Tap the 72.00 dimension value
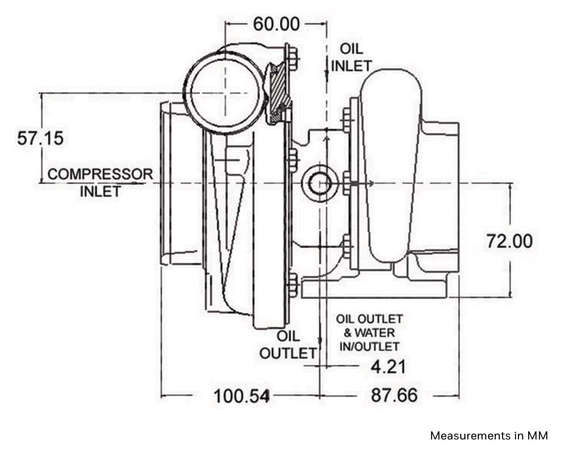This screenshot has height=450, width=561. coord(509,240)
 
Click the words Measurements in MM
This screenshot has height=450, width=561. coord(489,436)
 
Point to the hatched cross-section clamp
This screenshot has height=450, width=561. coord(278,94)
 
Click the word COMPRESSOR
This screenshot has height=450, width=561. coord(100,174)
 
